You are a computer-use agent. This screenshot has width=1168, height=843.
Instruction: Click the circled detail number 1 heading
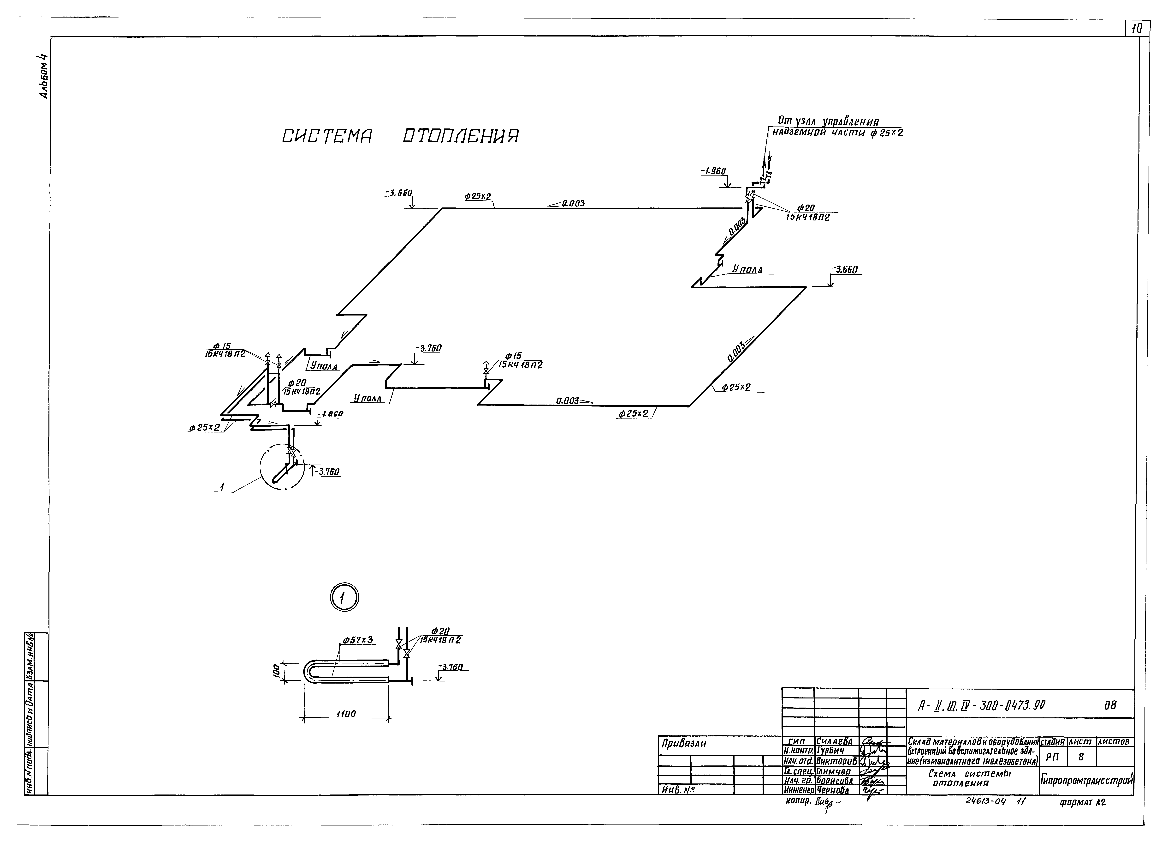click(x=344, y=598)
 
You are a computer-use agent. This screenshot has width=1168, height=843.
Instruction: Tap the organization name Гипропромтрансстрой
click(x=1087, y=780)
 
